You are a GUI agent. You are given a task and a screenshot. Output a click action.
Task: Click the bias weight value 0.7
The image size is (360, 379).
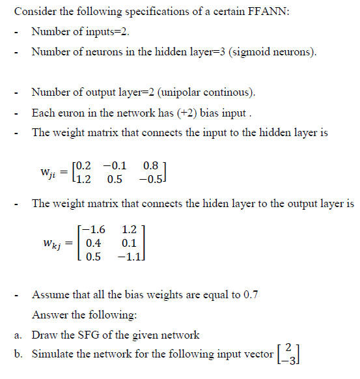pos(251,294)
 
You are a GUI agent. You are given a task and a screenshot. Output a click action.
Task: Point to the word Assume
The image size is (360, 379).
pos(50,294)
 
